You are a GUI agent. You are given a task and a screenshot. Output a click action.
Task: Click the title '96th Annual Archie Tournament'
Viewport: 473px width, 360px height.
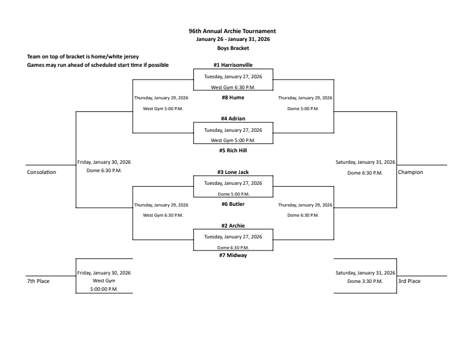[x=232, y=31]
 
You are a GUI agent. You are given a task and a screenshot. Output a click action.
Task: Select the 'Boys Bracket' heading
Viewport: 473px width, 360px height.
[x=232, y=48]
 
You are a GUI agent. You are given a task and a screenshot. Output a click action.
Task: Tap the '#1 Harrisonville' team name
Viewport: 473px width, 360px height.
[x=232, y=65]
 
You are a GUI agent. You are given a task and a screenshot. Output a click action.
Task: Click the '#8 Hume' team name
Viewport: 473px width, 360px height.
[x=232, y=98]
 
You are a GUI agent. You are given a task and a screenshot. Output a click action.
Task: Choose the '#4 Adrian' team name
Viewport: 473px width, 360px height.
[x=232, y=119]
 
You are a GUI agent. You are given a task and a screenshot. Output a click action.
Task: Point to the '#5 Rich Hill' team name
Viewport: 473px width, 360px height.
[x=232, y=151]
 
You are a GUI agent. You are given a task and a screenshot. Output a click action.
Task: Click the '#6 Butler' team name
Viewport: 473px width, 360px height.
[x=232, y=204]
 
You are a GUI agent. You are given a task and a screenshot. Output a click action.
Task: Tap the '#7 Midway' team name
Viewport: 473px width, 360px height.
[x=232, y=255]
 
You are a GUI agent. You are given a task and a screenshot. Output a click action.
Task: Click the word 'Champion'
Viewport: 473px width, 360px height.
[x=410, y=172]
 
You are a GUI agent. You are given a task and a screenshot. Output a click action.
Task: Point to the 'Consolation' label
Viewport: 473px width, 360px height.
[x=42, y=172]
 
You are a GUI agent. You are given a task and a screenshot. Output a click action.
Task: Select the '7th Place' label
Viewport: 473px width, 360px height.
[x=38, y=281]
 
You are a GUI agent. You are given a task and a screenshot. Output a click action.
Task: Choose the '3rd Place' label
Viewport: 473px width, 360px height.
[x=409, y=281]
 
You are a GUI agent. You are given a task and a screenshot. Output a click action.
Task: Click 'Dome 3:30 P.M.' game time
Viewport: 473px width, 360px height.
[x=365, y=281]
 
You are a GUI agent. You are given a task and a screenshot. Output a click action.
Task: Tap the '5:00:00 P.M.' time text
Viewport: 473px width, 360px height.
[x=104, y=289]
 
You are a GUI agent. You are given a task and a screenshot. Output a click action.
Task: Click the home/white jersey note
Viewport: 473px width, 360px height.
[x=79, y=57]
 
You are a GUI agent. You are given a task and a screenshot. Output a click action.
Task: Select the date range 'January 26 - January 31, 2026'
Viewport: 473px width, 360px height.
[x=232, y=39]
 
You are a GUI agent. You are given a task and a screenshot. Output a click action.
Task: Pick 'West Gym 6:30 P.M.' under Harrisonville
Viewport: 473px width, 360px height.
[x=232, y=87]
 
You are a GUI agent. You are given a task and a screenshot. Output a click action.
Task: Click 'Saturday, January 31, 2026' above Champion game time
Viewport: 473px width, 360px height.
[x=365, y=162]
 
